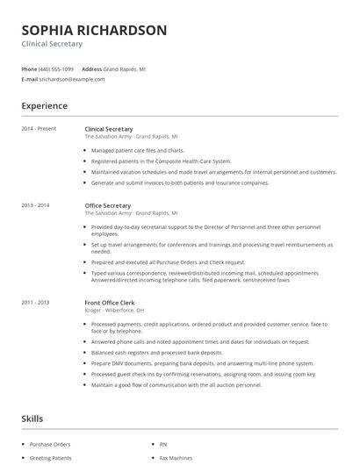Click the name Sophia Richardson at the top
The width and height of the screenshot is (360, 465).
pos(94,31)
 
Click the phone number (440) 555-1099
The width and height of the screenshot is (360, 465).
pos(57,68)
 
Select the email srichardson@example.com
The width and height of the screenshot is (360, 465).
pos(72,79)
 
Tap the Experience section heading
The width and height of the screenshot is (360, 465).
pos(44,106)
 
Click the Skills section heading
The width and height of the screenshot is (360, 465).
pos(32,418)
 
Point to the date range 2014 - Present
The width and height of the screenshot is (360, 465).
pos(39,129)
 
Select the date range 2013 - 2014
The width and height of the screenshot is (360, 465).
pos(35,205)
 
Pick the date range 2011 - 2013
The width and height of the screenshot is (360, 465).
pos(35,302)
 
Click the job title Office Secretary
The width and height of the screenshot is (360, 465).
pos(108,205)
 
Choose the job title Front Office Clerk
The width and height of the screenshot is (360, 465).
pos(112,302)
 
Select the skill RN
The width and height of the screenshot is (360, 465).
pos(163,445)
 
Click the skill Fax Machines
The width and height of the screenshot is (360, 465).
pos(175,458)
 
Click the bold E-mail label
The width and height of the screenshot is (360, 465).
pos(30,79)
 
